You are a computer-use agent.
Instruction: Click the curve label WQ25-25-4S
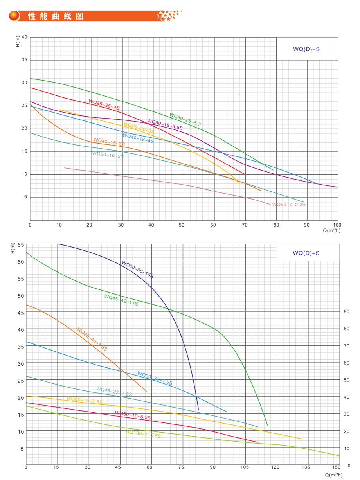point(104,104)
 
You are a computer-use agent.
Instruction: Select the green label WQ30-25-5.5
point(185,120)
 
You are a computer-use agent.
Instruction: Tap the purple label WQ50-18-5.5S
point(165,124)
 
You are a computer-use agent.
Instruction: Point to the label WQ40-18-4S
point(138,138)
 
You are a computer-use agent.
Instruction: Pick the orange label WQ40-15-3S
point(109,142)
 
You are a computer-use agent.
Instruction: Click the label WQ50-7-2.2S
point(289,205)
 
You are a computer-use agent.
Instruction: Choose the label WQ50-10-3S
point(108,155)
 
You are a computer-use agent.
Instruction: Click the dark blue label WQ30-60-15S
point(137,270)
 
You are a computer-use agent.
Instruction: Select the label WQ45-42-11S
point(121,300)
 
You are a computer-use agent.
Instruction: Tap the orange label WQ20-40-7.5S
point(92,339)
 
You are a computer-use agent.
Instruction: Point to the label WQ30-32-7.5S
point(155,378)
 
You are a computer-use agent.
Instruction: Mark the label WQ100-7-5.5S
point(143,434)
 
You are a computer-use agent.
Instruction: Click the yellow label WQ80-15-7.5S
point(84,400)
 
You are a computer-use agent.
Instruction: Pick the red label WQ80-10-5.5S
point(133,415)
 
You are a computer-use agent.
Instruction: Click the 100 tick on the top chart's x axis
point(337,225)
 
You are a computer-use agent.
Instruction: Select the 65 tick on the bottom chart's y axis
point(19,245)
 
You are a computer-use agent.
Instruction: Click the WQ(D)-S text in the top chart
point(306,49)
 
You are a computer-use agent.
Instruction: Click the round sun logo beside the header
point(14,16)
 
